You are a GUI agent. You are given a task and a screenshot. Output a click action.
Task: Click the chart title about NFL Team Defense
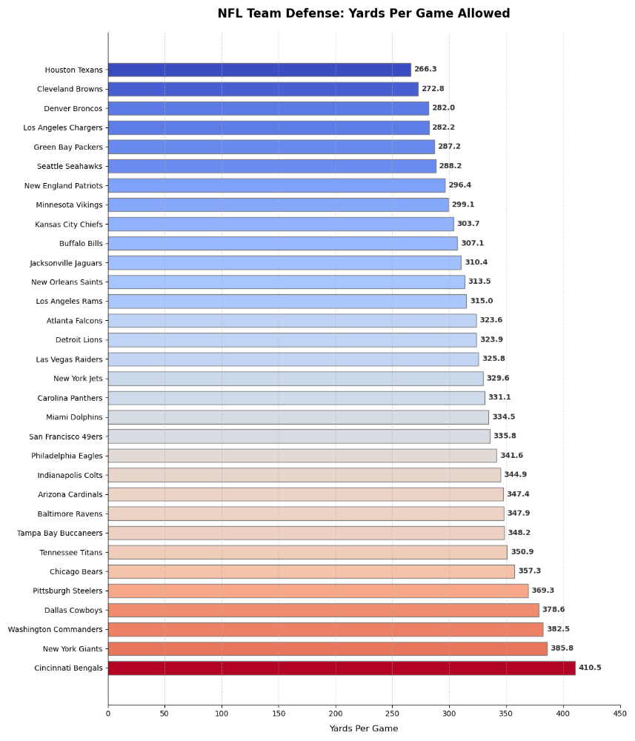(x=363, y=13)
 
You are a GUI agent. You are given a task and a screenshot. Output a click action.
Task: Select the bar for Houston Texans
(x=259, y=70)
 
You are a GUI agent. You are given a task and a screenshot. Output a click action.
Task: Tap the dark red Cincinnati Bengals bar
(x=341, y=668)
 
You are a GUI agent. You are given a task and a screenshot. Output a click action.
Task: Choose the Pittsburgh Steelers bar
(x=318, y=591)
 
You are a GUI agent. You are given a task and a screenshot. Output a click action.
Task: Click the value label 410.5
(x=590, y=668)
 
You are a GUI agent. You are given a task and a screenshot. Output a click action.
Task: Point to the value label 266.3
(x=425, y=70)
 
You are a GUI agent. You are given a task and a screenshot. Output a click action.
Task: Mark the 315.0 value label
(x=481, y=301)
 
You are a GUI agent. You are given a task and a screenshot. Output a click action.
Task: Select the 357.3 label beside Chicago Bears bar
(x=529, y=571)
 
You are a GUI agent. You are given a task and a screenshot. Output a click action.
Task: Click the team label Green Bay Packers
(x=68, y=147)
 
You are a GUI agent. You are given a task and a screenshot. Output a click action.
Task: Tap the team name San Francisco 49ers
(x=66, y=436)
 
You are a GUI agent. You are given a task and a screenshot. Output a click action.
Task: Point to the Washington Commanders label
(x=56, y=629)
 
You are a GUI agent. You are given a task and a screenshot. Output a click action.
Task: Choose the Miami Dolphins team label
(x=74, y=417)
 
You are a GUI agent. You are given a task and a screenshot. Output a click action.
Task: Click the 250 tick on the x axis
(x=393, y=714)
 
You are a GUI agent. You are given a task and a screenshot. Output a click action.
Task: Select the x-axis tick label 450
(x=620, y=714)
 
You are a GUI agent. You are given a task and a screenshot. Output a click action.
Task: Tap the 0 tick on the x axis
(x=108, y=714)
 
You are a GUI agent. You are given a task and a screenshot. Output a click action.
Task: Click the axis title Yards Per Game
(x=363, y=728)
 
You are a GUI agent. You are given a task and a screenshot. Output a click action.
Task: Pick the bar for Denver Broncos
(x=268, y=108)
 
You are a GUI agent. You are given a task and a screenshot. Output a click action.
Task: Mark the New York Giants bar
(x=328, y=648)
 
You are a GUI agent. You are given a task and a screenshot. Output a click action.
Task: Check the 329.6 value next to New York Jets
(x=498, y=378)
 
